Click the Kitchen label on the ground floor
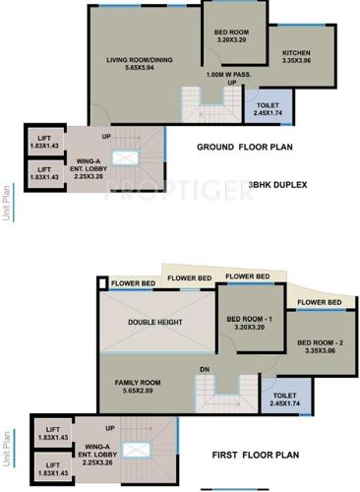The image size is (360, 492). (296, 56)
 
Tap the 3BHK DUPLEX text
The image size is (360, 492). (277, 184)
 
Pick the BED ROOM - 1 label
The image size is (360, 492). (248, 324)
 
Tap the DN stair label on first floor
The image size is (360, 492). (232, 370)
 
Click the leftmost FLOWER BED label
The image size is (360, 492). (133, 284)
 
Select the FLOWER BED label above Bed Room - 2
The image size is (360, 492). (320, 301)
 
